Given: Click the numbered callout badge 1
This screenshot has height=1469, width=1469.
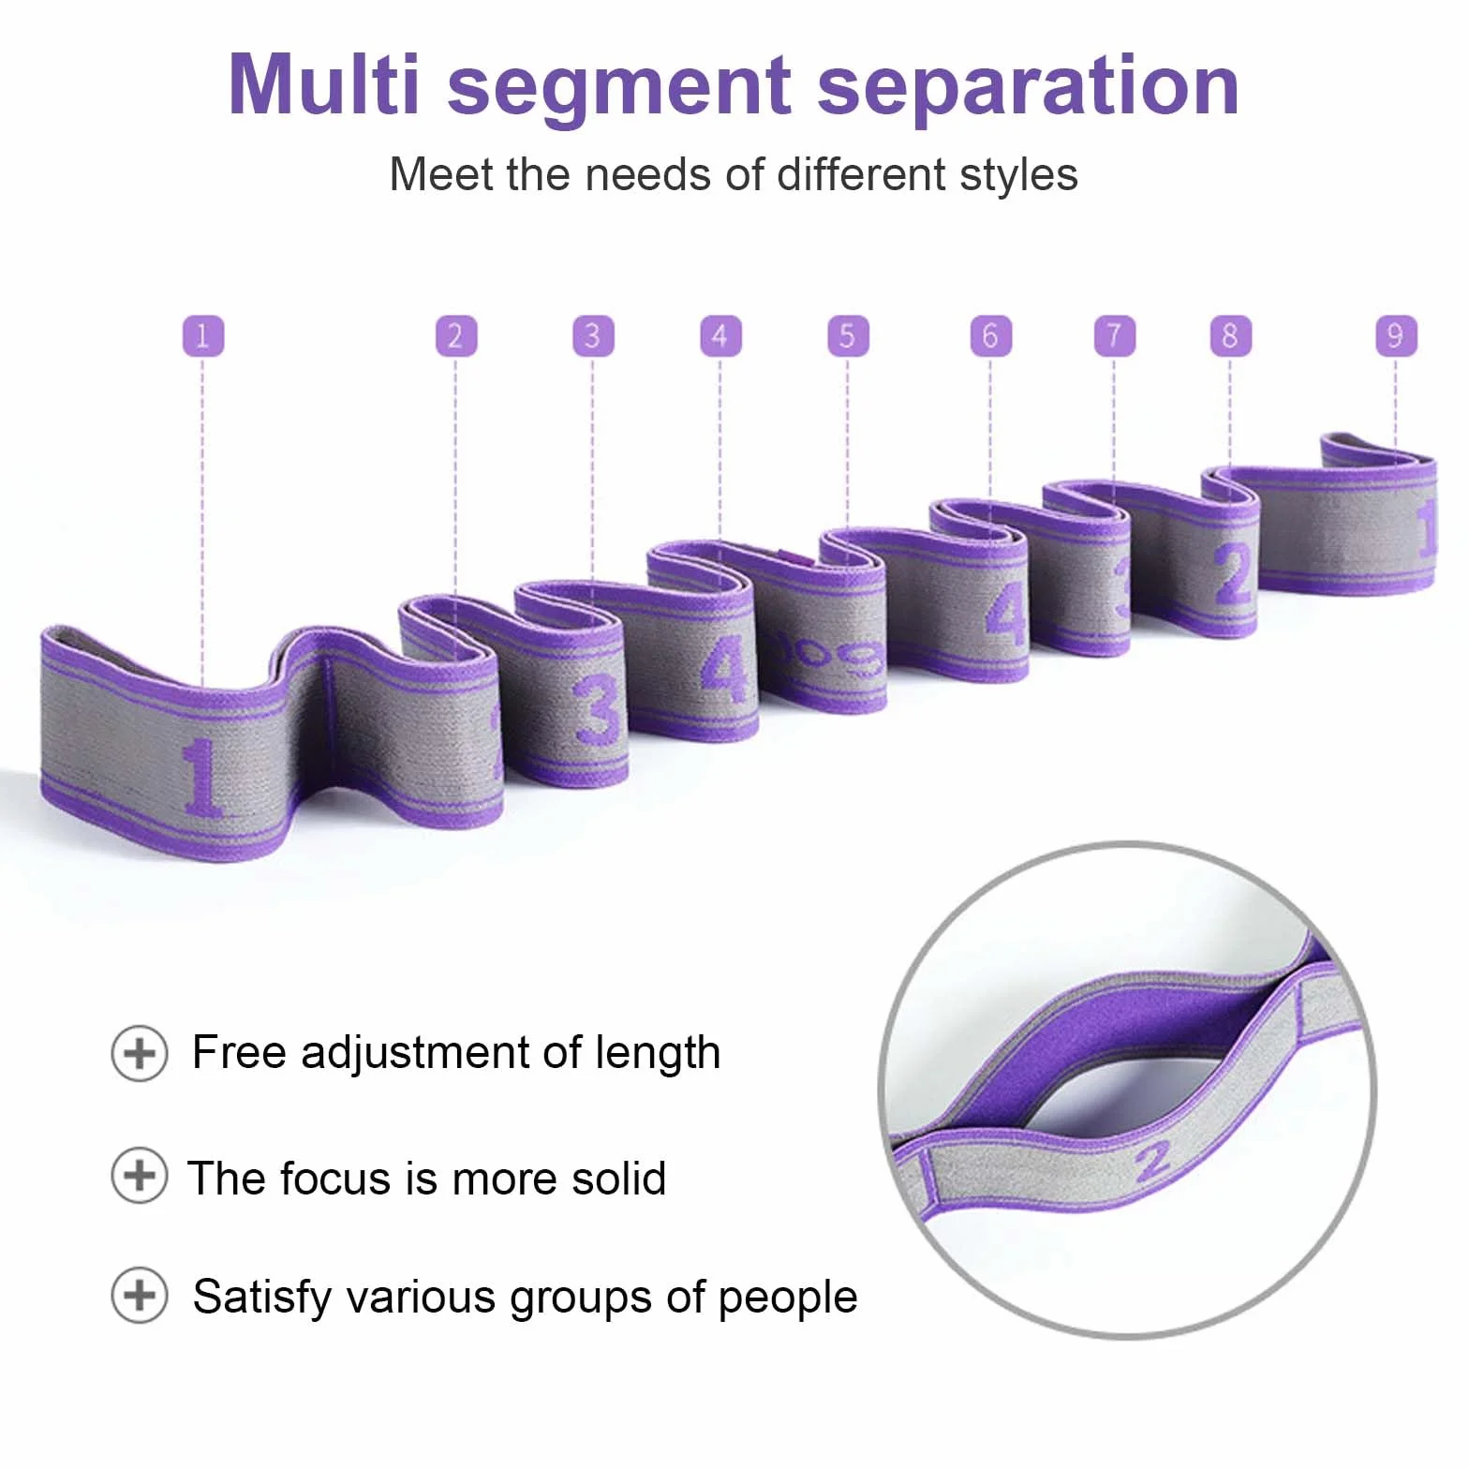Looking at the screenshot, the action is pos(203,335).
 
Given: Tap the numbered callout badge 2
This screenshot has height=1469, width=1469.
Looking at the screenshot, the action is pos(456,335).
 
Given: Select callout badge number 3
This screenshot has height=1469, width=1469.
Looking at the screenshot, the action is pos(593,335).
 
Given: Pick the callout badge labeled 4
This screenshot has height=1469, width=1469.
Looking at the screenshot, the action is pos(720,335).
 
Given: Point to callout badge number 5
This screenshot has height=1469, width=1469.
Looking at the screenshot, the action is pos(848,335).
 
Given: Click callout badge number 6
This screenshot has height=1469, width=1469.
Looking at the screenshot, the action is pos(991,335).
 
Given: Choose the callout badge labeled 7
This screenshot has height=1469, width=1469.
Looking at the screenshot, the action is pos(1115,335).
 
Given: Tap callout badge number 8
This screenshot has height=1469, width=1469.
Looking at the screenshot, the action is pos(1231,335).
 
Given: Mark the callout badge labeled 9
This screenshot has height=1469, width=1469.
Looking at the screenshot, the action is pos(1396,335).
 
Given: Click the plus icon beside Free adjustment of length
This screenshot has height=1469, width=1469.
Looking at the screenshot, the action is pos(140,1053).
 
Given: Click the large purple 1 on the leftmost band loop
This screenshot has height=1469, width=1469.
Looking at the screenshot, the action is pos(201,777).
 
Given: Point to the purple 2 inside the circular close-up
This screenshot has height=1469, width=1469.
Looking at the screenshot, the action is pos(1154,1161).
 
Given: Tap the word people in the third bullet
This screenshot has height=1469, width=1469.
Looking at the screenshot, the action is pos(788,1299).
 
